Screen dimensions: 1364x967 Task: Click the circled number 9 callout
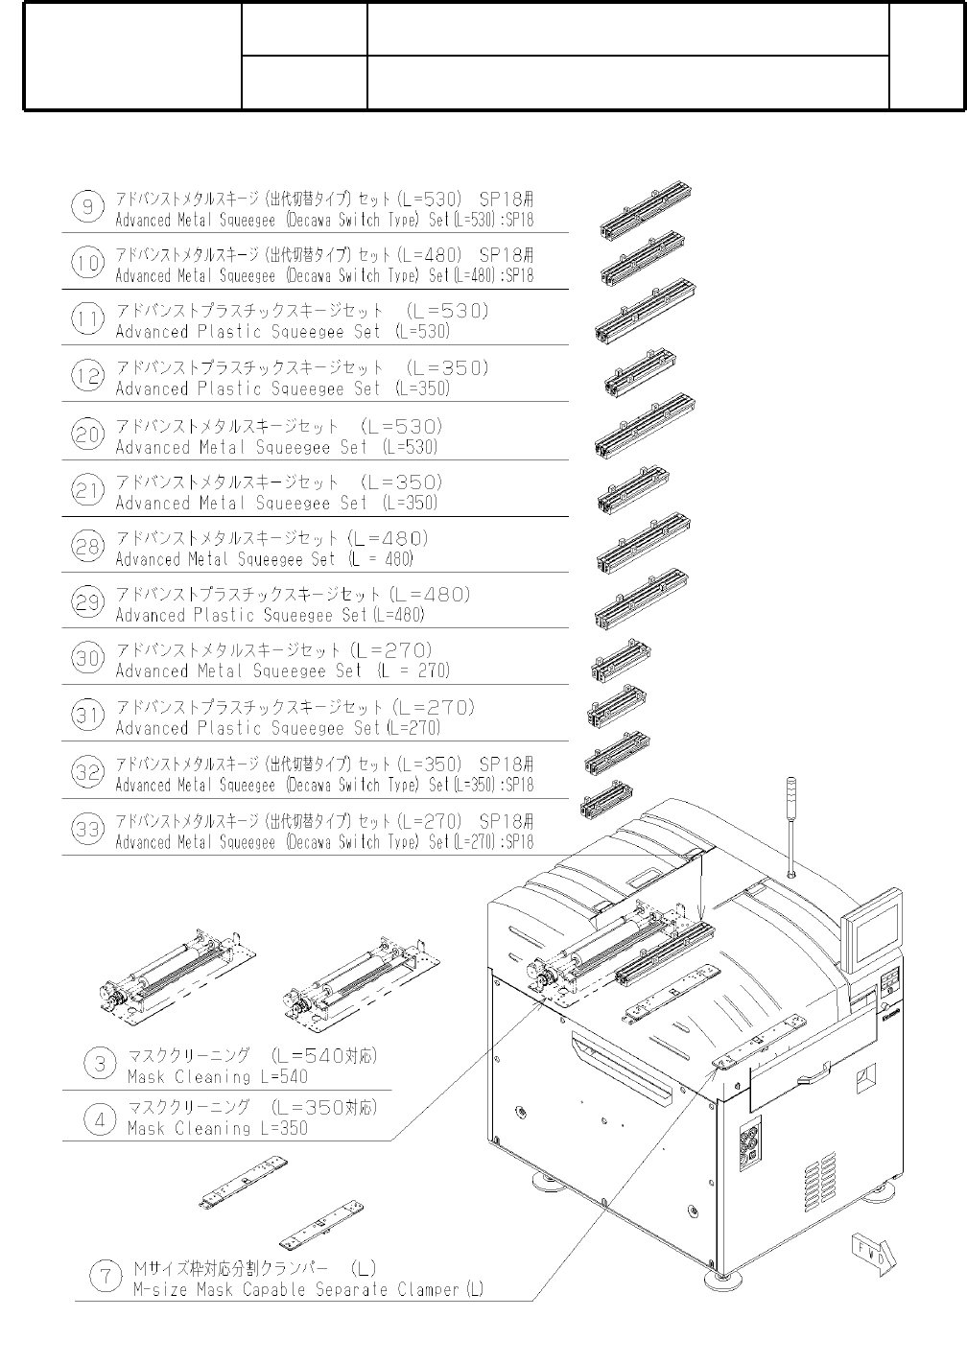pyautogui.click(x=87, y=207)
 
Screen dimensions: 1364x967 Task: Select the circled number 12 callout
pyautogui.click(x=87, y=376)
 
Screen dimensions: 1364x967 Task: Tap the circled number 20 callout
pyautogui.click(x=87, y=435)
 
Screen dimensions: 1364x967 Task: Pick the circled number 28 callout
pyautogui.click(x=87, y=547)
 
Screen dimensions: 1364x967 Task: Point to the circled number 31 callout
pyautogui.click(x=87, y=717)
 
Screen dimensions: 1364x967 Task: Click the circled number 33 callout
pyautogui.click(x=87, y=830)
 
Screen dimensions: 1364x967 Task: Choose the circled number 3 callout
pyautogui.click(x=101, y=1064)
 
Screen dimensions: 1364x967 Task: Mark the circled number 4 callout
pyautogui.click(x=101, y=1118)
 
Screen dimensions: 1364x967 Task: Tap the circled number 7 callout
pyautogui.click(x=105, y=1277)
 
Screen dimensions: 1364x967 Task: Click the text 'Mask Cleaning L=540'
pyautogui.click(x=218, y=1077)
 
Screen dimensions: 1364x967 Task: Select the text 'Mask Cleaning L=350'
pyautogui.click(x=218, y=1129)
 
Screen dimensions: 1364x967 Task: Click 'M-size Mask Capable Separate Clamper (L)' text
pyautogui.click(x=307, y=1290)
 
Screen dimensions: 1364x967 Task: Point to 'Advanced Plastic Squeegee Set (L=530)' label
pyautogui.click(x=282, y=332)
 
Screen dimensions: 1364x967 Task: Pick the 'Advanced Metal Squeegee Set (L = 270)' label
pyautogui.click(x=282, y=671)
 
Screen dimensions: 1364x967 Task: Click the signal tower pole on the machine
pyautogui.click(x=790, y=825)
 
